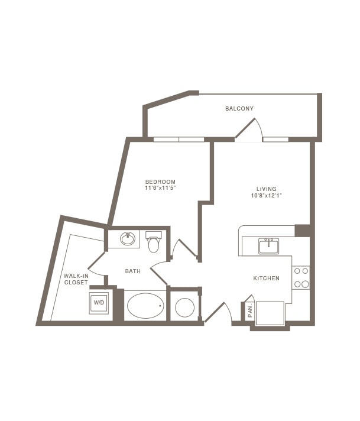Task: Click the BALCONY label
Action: click(x=239, y=109)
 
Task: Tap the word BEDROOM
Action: click(x=160, y=182)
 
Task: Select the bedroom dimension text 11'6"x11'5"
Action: click(x=160, y=188)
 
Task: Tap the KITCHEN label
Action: click(x=267, y=278)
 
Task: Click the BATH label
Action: click(x=133, y=271)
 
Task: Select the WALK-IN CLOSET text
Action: click(x=76, y=279)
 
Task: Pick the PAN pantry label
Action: click(x=250, y=312)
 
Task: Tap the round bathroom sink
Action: click(x=128, y=239)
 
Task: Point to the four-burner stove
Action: click(x=301, y=278)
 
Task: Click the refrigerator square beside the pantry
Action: click(x=270, y=312)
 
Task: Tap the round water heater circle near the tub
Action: click(x=184, y=307)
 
